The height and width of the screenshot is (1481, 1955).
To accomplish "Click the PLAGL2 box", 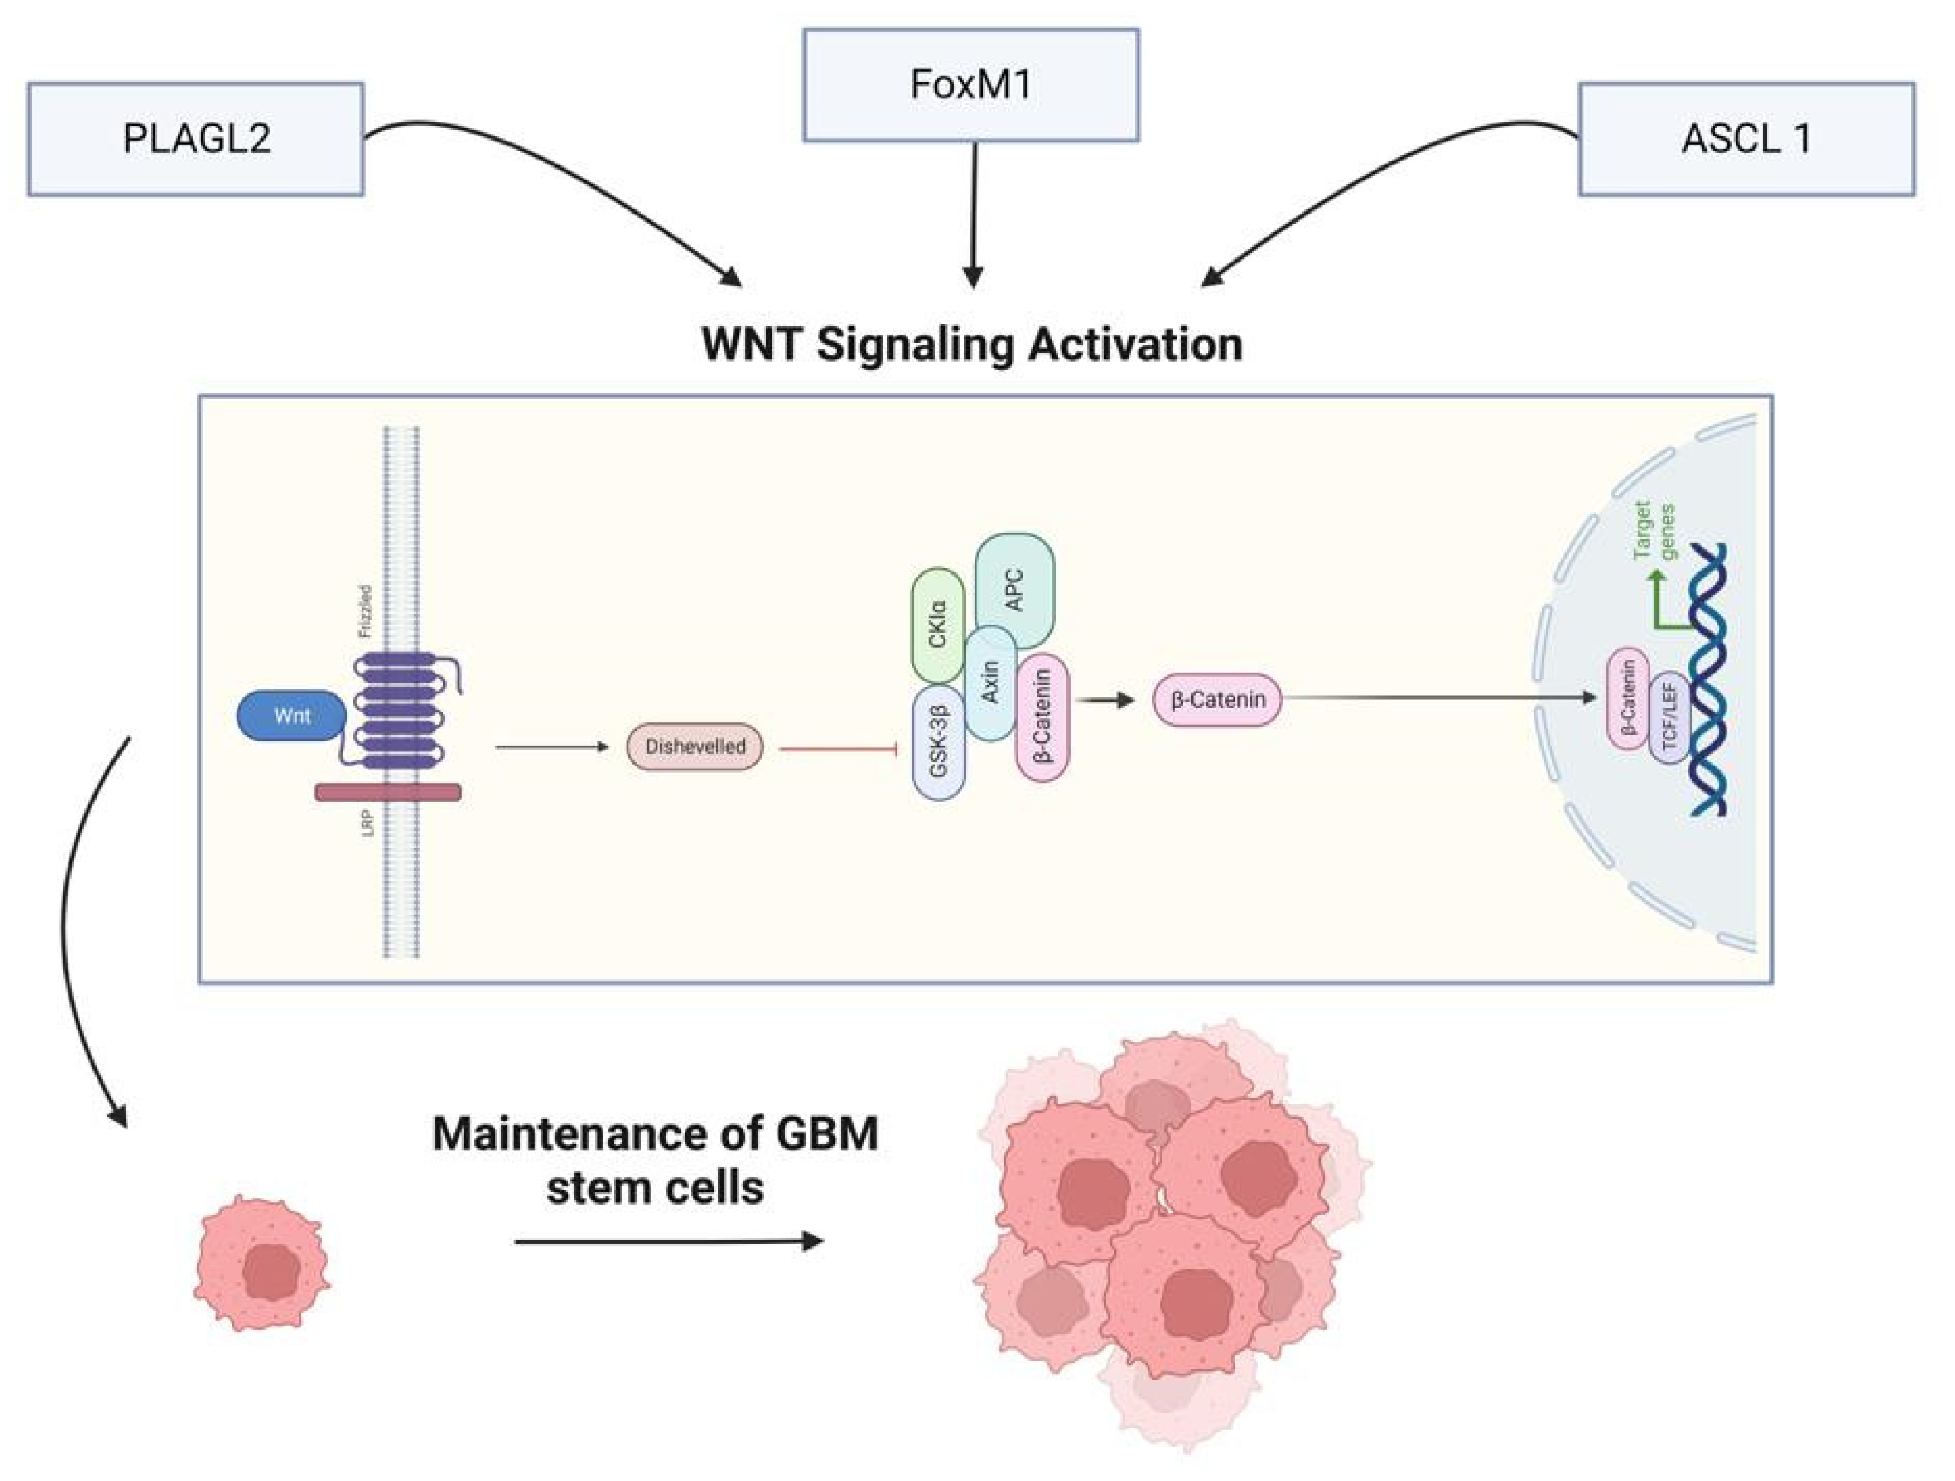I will [196, 139].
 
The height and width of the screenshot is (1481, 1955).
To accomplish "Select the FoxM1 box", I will [970, 85].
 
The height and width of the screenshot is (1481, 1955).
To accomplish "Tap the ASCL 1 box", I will [1746, 139].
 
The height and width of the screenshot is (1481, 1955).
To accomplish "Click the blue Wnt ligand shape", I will [292, 715].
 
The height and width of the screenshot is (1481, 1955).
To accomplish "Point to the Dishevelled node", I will [695, 746].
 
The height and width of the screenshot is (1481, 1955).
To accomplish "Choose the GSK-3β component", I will [938, 741].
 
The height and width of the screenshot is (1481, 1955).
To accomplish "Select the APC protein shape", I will [1015, 589].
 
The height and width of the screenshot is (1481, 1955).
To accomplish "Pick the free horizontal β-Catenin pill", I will [1217, 699].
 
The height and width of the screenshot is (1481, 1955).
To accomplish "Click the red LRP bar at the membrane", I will [388, 792].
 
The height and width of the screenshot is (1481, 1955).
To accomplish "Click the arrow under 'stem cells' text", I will [668, 1241].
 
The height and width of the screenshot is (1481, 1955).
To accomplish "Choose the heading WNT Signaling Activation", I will [972, 344].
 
